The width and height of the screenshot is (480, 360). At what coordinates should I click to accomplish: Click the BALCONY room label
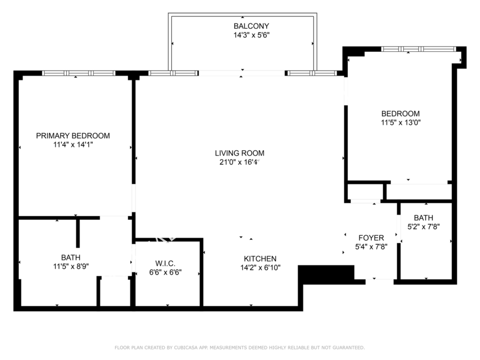[x=251, y=26]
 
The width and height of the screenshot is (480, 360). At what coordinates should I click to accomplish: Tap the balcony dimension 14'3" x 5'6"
[x=251, y=35]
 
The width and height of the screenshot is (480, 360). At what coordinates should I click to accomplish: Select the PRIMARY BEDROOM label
[x=73, y=135]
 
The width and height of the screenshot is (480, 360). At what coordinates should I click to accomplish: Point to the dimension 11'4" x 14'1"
[x=73, y=145]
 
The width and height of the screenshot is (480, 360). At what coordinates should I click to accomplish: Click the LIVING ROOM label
[x=239, y=153]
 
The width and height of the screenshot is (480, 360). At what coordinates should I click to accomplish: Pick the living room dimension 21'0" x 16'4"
[x=239, y=162]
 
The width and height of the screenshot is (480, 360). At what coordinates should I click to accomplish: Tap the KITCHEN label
[x=260, y=259]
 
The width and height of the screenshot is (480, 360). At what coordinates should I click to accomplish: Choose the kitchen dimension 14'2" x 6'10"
[x=260, y=268]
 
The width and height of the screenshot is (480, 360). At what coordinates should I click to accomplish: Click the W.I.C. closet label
[x=165, y=263]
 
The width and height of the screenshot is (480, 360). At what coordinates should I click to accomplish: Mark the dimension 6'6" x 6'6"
[x=165, y=272]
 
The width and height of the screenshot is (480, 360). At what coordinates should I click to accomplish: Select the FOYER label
[x=371, y=238]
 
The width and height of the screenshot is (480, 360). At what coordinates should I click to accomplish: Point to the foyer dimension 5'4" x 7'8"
[x=371, y=247]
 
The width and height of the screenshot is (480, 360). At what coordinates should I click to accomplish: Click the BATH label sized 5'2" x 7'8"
[x=423, y=218]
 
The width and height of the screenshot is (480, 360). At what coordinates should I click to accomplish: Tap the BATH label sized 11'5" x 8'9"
[x=71, y=258]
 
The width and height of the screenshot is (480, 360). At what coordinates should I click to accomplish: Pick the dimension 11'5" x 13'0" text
[x=401, y=123]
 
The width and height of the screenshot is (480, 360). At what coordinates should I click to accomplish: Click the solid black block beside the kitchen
[x=326, y=274]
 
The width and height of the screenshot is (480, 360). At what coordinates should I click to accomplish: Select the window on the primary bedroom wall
[x=79, y=73]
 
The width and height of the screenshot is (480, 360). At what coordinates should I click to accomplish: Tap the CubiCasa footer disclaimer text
[x=239, y=347]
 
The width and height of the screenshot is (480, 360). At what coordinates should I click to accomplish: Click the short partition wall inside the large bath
[x=78, y=233]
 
